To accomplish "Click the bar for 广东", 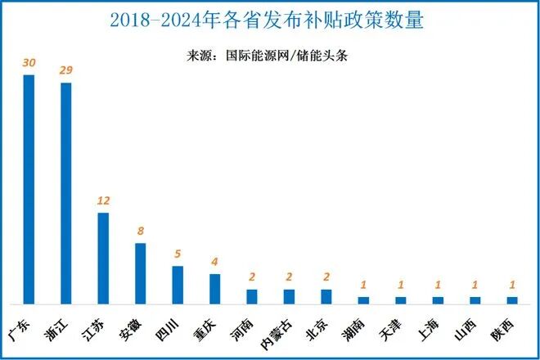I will [29, 189].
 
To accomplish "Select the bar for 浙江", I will [66, 193].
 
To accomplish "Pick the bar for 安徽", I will [141, 273].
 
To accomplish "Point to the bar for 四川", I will [178, 285].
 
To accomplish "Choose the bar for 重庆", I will [215, 289].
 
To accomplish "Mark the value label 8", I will [141, 232].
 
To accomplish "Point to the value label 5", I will [178, 254].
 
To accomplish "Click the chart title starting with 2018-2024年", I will [269, 20].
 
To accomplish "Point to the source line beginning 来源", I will [269, 56].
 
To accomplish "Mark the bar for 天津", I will [400, 300].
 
